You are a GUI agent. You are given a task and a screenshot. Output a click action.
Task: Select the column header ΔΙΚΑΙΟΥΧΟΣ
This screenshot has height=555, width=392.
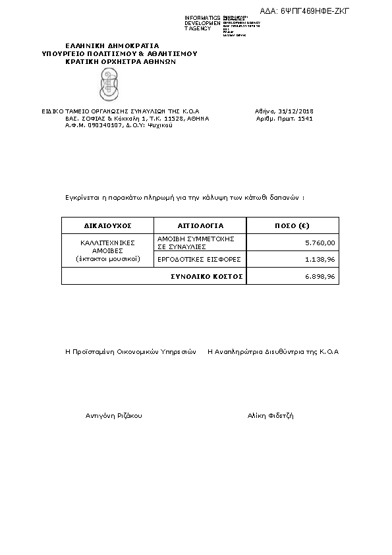point(108,225)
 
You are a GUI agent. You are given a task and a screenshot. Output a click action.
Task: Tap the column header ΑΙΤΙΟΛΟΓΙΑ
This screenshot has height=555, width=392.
point(200,225)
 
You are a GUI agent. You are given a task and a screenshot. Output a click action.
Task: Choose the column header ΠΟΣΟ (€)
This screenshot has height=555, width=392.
point(292,225)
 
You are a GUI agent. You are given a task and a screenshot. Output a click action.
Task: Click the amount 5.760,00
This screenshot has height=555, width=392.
point(320,243)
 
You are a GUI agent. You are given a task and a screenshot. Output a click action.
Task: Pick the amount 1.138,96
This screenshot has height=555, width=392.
point(320,260)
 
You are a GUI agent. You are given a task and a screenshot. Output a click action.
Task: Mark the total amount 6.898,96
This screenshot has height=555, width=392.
point(320,277)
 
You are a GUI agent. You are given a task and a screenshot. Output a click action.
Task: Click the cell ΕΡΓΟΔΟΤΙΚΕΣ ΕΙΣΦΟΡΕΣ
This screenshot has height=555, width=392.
point(200,260)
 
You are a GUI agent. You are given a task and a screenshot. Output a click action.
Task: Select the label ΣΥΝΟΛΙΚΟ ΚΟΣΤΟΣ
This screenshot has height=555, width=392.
point(207,277)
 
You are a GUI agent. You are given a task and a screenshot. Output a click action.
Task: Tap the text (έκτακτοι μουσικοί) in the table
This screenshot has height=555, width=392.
point(108,259)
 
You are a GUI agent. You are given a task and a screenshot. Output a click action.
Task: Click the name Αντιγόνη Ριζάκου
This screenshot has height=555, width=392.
point(114,416)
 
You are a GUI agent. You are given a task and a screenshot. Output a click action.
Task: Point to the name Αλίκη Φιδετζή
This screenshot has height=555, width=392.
point(270,416)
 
